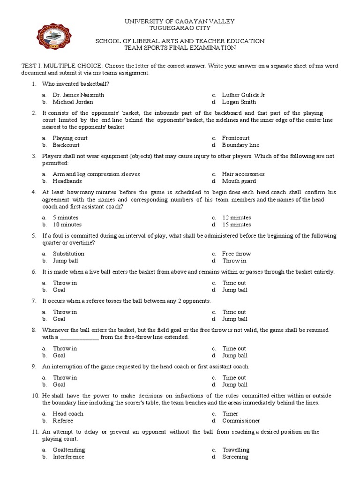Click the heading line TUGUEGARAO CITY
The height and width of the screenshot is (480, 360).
180,28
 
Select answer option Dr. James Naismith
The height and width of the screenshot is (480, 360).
78,95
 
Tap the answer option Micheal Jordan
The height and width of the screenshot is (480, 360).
73,102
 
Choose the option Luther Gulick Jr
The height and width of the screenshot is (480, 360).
243,95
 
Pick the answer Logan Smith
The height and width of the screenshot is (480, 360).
239,102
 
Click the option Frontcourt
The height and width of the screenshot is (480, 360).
236,138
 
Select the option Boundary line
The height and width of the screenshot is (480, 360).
240,145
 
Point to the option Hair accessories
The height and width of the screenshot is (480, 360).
243,174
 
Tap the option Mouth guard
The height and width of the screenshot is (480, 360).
239,181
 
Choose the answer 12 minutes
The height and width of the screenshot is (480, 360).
237,217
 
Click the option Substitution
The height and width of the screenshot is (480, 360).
68,254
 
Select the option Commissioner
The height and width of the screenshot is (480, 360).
241,420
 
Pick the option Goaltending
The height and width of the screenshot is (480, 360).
69,450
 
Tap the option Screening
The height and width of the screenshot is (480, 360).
235,457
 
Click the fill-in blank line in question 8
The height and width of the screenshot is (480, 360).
80,337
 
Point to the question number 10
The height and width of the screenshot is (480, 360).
35,396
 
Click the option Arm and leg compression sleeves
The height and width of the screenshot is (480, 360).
96,174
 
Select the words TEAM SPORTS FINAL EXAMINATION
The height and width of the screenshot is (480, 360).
180,48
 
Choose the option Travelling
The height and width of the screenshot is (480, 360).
236,450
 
